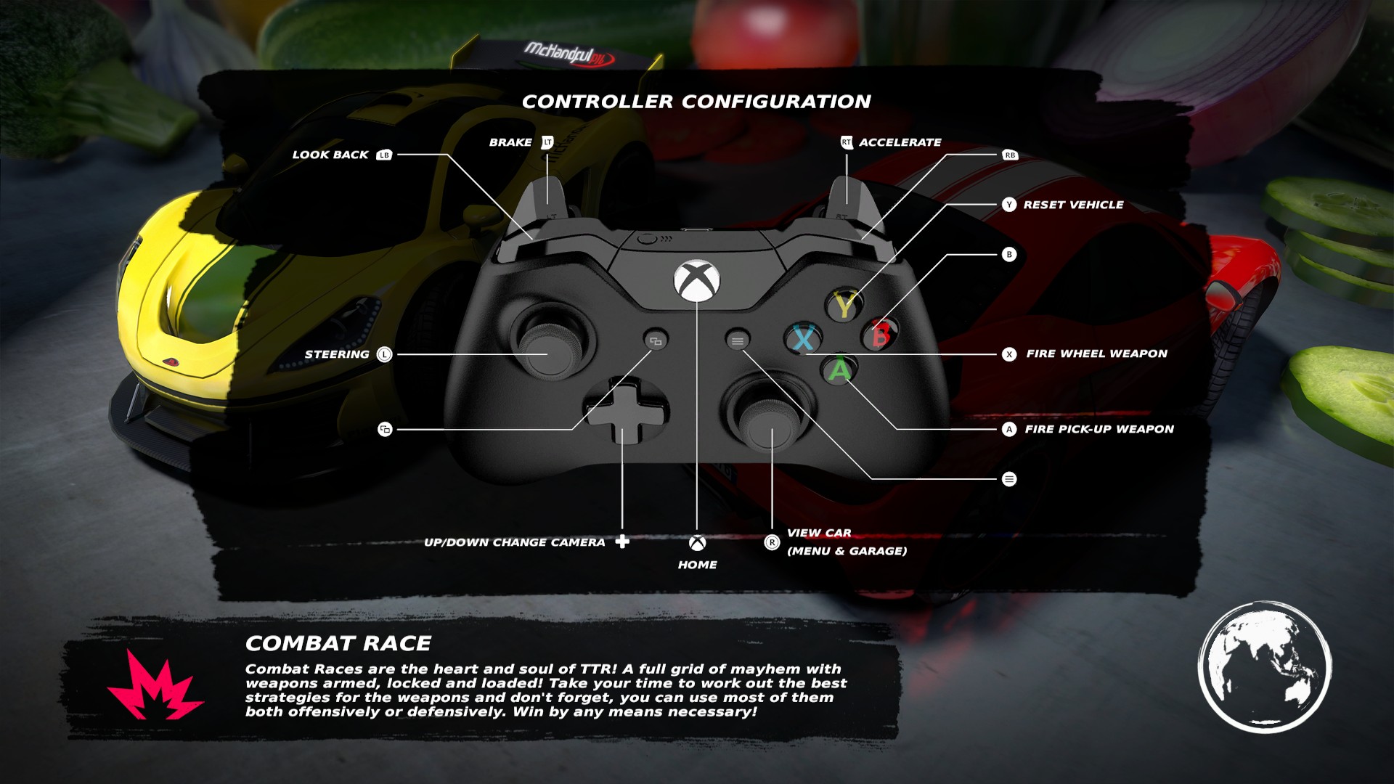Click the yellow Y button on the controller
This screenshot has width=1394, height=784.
coord(844,305)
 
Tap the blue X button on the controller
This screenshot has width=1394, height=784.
coord(804,338)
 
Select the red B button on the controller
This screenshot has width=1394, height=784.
coord(881,335)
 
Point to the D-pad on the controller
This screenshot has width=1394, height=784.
coord(622,412)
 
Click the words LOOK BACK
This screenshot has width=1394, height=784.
coord(330,155)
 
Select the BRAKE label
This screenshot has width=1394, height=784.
coord(510,142)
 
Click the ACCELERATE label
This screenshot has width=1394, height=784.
coord(900,142)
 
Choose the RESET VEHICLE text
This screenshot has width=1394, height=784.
coord(1073,205)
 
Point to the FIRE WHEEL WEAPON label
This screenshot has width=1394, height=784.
coord(1096,354)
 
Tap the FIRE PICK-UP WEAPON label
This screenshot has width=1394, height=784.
coord(1099,429)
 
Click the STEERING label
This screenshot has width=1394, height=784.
coord(337,354)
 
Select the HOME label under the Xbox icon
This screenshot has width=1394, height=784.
coord(697,565)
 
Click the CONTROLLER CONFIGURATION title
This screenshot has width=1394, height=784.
coord(696,102)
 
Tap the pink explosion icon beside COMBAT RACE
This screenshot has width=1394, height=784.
coord(154,687)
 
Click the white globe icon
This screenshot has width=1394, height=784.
coord(1264,666)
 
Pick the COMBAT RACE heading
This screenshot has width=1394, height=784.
coord(338,643)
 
